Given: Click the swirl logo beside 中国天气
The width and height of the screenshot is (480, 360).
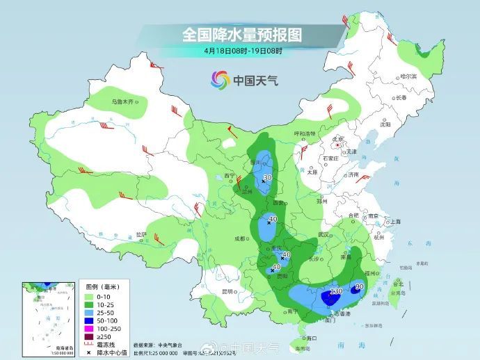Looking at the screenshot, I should pyautogui.click(x=220, y=81).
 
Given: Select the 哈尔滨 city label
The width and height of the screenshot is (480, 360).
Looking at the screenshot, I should pyautogui.click(x=412, y=76).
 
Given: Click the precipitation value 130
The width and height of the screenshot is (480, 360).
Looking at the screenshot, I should pyautogui.click(x=335, y=292).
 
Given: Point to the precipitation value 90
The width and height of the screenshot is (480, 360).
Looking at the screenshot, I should pyautogui.click(x=360, y=286).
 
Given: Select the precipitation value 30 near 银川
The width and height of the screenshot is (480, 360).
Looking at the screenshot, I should pyautogui.click(x=266, y=179).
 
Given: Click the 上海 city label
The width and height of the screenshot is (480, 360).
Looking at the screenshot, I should pyautogui.click(x=396, y=221).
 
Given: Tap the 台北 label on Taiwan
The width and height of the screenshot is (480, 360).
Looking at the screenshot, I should pyautogui.click(x=399, y=284).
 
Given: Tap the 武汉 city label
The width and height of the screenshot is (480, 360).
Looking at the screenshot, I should pyautogui.click(x=322, y=235).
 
